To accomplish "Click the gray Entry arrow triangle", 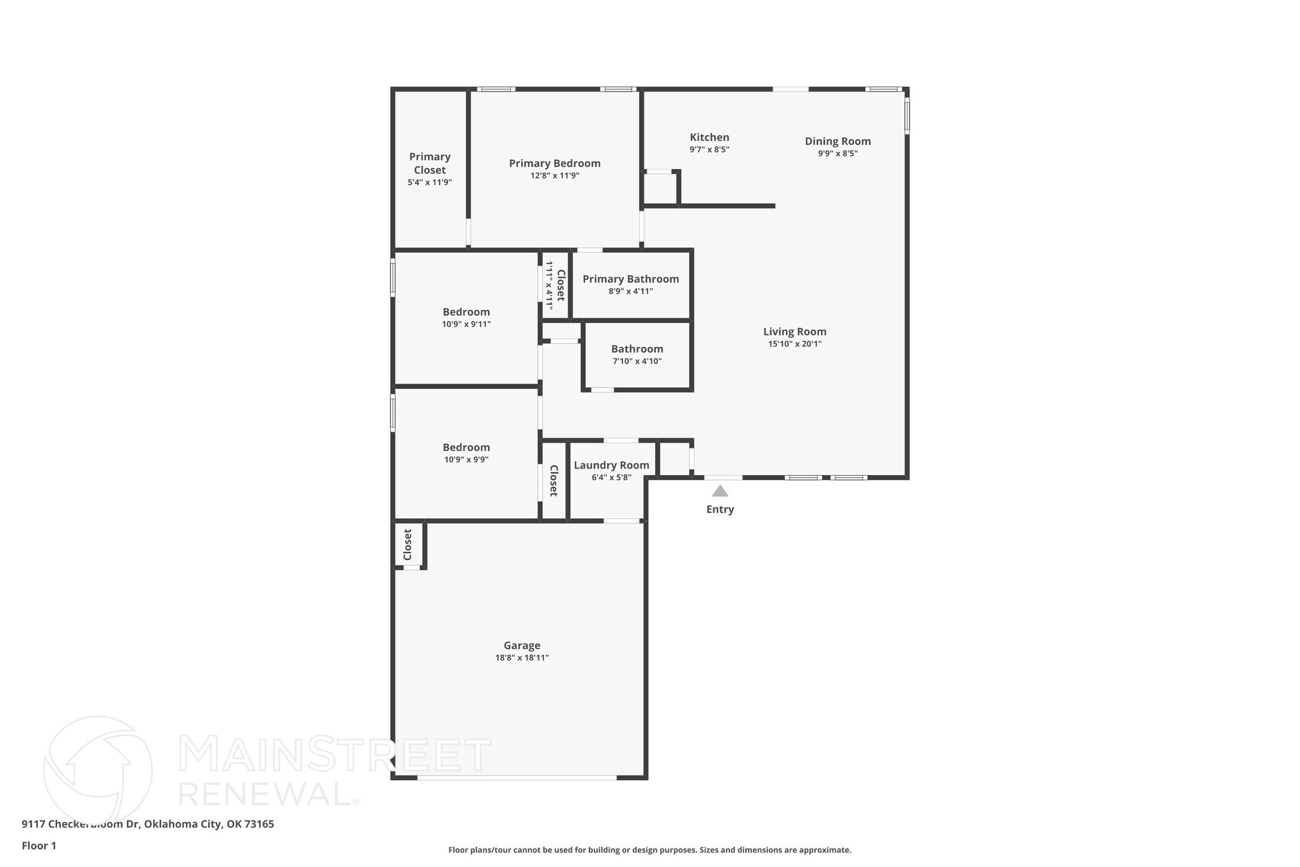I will [719, 491].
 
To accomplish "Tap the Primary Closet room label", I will [430, 163].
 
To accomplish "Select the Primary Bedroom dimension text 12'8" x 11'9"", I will [555, 176].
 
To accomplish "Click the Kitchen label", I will [709, 137].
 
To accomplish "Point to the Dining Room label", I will [837, 141].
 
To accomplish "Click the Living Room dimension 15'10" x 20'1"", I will [795, 344].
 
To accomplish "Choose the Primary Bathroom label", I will [630, 279].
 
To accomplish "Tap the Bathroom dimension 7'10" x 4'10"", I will [637, 361].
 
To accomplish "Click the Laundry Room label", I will [611, 465].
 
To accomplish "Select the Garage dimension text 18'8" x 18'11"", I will [522, 658].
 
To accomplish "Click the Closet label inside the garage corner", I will [408, 544].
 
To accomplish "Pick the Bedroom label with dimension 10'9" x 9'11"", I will [466, 312].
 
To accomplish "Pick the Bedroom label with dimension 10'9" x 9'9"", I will [466, 447].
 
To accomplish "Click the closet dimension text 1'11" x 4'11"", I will [549, 285].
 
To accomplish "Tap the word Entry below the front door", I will [720, 509].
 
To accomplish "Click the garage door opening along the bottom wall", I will [517, 777].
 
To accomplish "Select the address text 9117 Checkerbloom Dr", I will [80, 824].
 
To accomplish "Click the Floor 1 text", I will [39, 845].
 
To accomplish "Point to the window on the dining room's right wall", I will [906, 116].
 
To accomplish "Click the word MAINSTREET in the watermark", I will [335, 755].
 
